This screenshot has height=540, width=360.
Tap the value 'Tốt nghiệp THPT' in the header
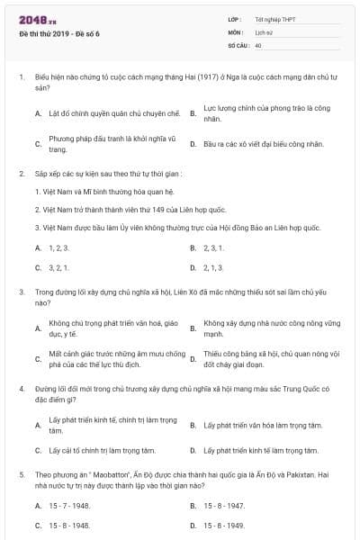[274, 18]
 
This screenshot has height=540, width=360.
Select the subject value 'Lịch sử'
[264, 31]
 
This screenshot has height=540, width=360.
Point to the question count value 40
[258, 44]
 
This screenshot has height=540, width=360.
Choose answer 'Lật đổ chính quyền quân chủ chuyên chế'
[114, 114]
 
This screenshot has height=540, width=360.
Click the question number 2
[21, 172]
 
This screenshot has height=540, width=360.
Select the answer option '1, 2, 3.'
[58, 247]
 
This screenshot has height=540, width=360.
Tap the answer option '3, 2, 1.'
[58, 267]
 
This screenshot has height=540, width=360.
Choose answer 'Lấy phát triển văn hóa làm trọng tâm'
[261, 425]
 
